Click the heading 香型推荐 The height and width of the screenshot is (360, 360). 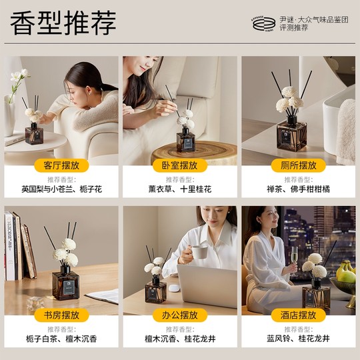coord(63,23)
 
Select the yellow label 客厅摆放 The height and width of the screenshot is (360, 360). coord(61,165)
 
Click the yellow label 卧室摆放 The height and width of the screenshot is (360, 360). coord(179,165)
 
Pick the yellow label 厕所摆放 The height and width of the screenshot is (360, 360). coord(298,165)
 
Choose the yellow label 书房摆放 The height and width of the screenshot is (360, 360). coord(61,315)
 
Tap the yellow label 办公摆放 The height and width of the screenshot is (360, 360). coord(179,315)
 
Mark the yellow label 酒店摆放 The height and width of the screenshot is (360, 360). coord(298,315)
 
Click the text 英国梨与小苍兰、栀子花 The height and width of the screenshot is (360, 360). coord(61,189)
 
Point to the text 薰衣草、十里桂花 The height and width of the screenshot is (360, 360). coord(179,189)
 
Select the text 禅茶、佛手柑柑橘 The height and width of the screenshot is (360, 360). coord(298,189)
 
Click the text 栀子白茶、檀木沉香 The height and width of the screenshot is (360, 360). coord(61,339)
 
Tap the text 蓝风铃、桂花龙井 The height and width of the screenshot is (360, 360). coord(298,339)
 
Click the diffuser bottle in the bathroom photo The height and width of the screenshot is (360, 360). coord(291,133)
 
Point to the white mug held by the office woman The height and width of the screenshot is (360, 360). coord(199,251)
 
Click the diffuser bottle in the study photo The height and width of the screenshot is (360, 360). coord(66,284)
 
